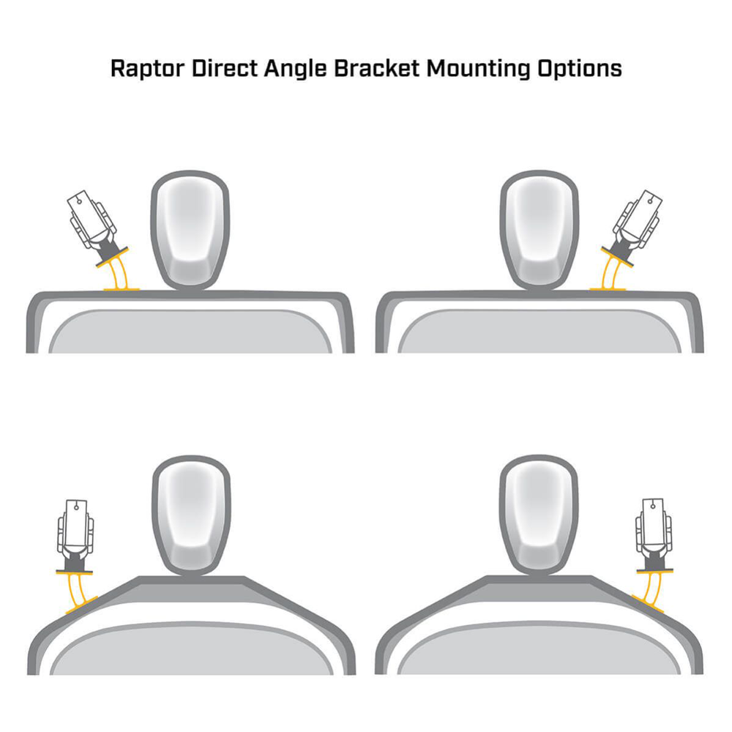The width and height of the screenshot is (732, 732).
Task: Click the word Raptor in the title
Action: pyautogui.click(x=147, y=69)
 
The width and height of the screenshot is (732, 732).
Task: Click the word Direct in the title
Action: pyautogui.click(x=225, y=68)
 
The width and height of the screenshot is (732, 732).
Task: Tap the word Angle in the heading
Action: pyautogui.click(x=296, y=70)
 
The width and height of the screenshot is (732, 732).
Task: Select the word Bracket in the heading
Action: pyautogui.click(x=377, y=68)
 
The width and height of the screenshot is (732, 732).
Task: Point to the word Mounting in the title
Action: pyautogui.click(x=478, y=70)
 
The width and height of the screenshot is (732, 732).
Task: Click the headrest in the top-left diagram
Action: pyautogui.click(x=190, y=230)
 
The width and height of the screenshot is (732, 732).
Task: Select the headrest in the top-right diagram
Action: pyautogui.click(x=539, y=230)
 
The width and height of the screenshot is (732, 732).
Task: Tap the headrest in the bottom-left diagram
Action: pyautogui.click(x=191, y=515)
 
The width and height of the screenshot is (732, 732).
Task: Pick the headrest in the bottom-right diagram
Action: pyautogui.click(x=539, y=515)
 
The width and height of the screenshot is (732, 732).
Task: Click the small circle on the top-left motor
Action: pyautogui.click(x=79, y=202)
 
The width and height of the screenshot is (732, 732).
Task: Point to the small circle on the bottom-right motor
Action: pyautogui.click(x=653, y=506)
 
